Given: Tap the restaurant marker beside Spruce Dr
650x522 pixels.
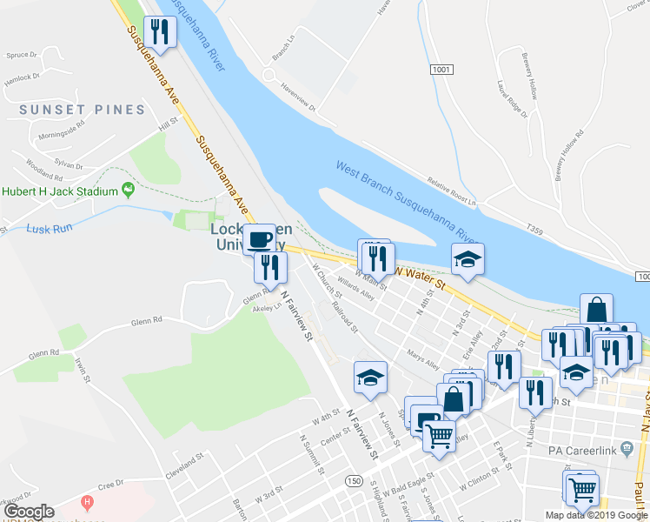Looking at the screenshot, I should pos(160,32).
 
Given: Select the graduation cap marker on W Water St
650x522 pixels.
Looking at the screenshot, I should pos(467,258).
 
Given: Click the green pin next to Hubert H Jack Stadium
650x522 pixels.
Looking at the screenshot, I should pos(129,189).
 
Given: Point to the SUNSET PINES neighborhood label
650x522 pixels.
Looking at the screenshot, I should pos(82,110).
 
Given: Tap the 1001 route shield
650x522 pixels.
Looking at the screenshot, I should pos(441,69).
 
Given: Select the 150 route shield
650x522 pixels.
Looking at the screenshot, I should pos(353,481).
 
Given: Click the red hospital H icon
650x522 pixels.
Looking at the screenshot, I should pos(86,502).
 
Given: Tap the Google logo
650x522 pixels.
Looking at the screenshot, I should pos(28,512).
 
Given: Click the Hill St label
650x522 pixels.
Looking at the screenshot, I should pos(168,125).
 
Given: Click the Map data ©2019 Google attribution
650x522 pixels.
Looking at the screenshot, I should pos(595,515).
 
